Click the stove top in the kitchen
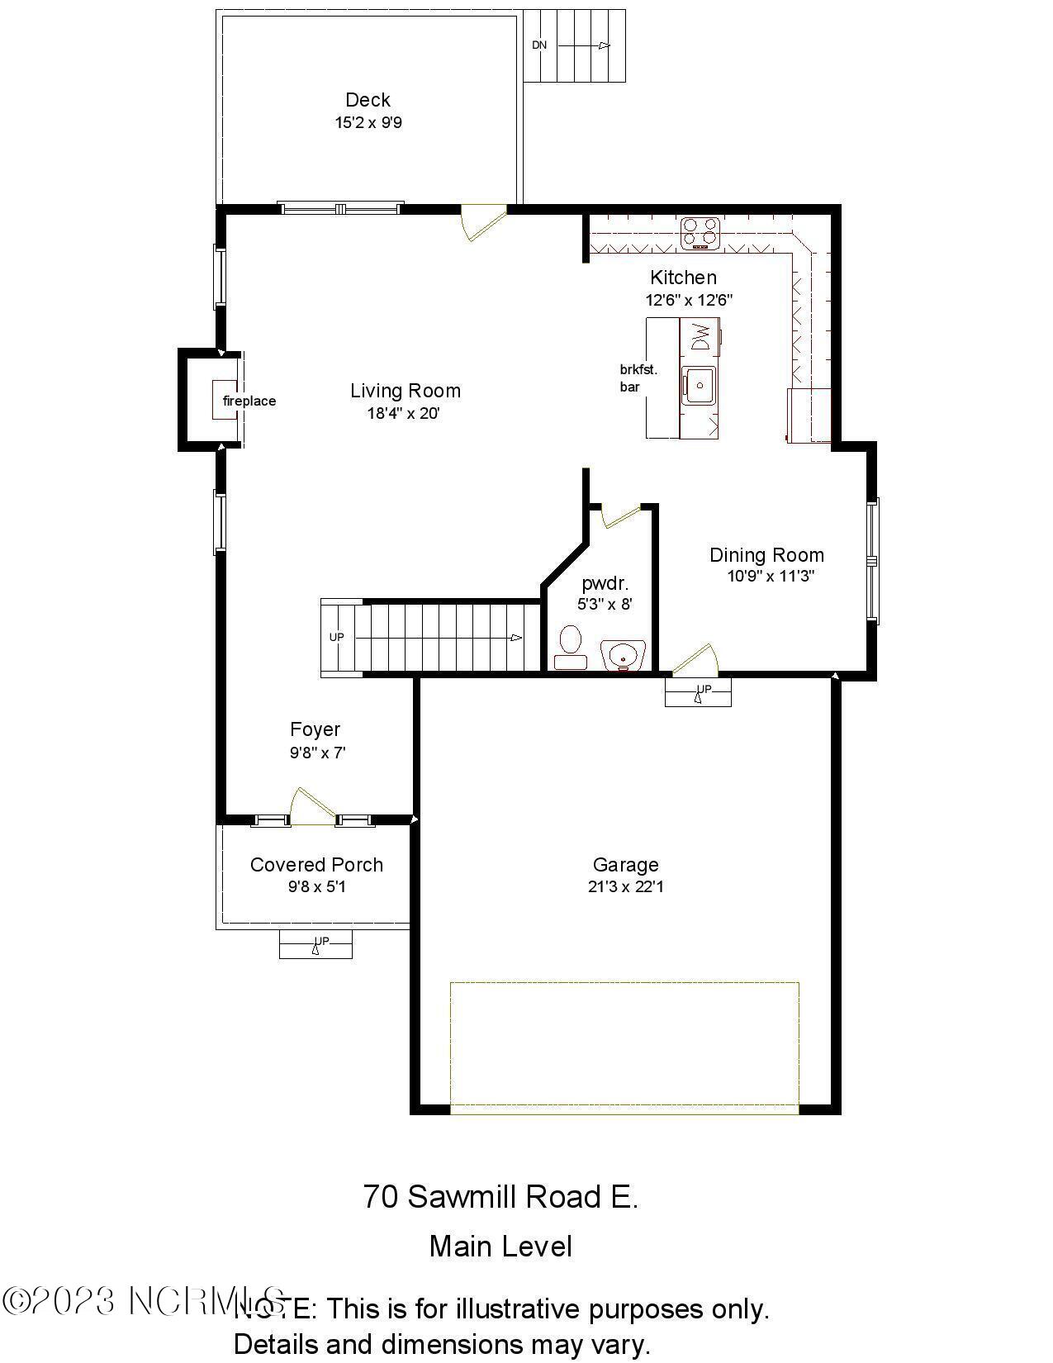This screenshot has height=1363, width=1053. pos(700,233)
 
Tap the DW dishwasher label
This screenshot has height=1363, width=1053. pos(700,336)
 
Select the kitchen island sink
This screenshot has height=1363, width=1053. pos(699,385)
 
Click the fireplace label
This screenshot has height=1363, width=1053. pos(249,401)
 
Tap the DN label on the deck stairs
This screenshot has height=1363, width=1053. pos(539,45)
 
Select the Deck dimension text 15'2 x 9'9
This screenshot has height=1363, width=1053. pos(368,123)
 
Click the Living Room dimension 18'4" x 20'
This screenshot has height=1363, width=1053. pos(404,414)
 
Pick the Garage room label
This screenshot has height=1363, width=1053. pos(625,865)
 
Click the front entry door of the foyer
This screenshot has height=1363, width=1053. pos(313,806)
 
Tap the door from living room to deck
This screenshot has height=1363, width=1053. pos(482,222)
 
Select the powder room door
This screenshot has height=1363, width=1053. pos(620,515)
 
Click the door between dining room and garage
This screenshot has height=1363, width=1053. pos(695,661)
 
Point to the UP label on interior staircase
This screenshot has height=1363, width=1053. pos(336,637)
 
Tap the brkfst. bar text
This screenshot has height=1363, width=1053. pos(638,378)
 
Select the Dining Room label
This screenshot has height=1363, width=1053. pos(766,555)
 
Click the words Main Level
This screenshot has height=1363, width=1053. pos(500,1247)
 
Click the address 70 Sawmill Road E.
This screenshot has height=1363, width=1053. pos(500,1196)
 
